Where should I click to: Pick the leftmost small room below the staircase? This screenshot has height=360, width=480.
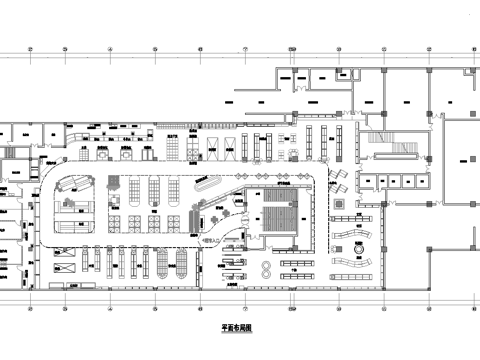tap(368, 180)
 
